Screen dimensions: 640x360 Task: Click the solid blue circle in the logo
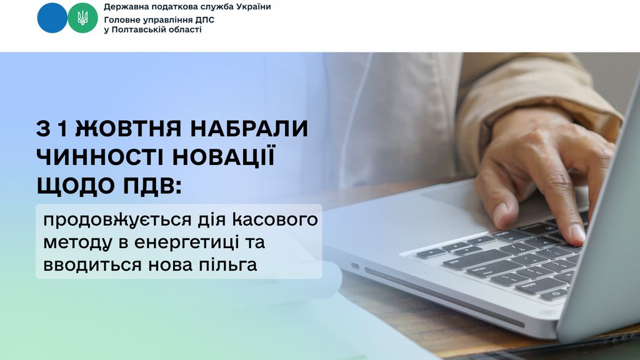pyautogui.click(x=52, y=17)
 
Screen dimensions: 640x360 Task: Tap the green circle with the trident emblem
pyautogui.click(x=82, y=17)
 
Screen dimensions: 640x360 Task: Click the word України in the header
pyautogui.click(x=255, y=7)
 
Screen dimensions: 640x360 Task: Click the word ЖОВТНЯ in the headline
pyautogui.click(x=128, y=129)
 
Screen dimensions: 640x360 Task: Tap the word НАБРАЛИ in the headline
pyautogui.click(x=249, y=129)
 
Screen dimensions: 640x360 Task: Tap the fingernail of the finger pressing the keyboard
pyautogui.click(x=578, y=232)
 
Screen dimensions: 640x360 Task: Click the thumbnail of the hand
pyautogui.click(x=499, y=212)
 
